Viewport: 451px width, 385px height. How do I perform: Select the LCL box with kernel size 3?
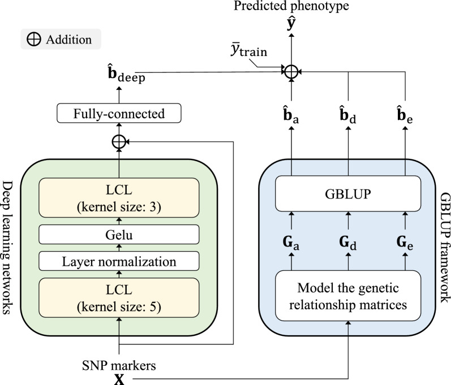pyautogui.click(x=118, y=196)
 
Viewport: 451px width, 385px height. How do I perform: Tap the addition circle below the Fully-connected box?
pyautogui.click(x=118, y=142)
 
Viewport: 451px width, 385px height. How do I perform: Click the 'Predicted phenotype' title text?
pyautogui.click(x=290, y=7)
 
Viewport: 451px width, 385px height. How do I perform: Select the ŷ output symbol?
pyautogui.click(x=291, y=24)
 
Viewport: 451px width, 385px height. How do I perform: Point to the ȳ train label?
pyautogui.click(x=244, y=54)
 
